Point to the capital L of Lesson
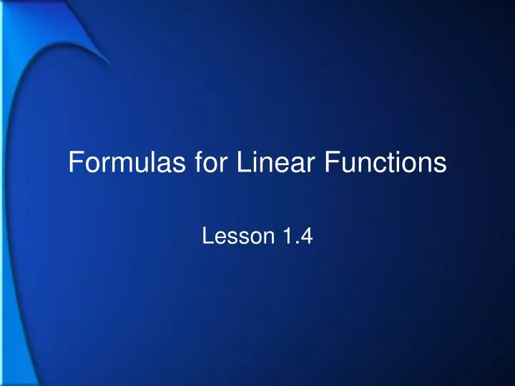[x=208, y=235]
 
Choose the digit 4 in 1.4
[x=305, y=235]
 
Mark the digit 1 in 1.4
[x=288, y=235]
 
